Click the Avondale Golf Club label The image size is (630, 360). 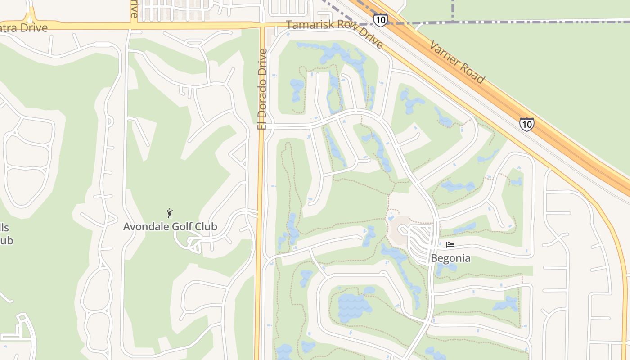pos(170,226)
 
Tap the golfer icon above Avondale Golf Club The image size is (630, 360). pos(170,213)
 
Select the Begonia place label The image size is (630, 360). pos(450,258)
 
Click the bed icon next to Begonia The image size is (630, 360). pos(450,245)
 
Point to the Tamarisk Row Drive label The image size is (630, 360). pos(335,34)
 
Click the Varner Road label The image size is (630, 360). pos(457,62)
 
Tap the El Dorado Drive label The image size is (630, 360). pos(262,89)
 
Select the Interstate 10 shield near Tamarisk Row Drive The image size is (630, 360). pos(380,20)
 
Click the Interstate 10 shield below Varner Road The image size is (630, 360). pos(526,124)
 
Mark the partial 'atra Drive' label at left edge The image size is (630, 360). pos(23,28)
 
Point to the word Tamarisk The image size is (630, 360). pos(309,25)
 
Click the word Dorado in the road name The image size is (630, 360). pos(262,100)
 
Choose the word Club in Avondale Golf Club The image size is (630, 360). pos(206,226)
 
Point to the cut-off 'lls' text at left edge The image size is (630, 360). pos(4,227)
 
